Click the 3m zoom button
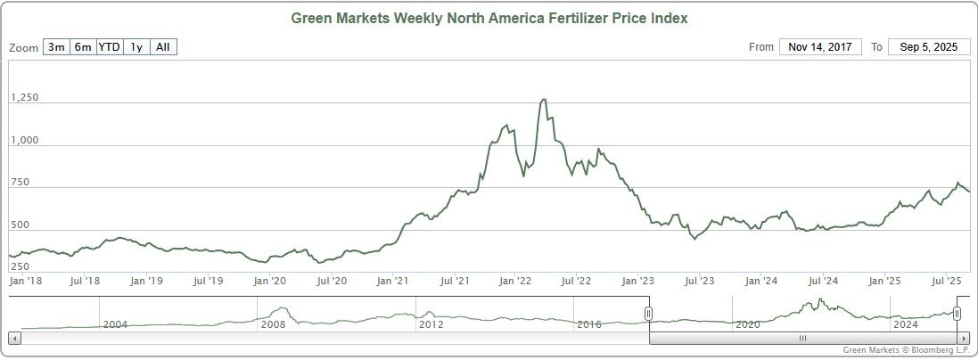[56, 47]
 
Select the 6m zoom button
[83, 47]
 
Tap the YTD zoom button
[110, 47]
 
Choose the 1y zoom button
[136, 47]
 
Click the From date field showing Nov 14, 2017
[820, 47]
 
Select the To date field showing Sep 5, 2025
[929, 47]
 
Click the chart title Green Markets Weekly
[489, 18]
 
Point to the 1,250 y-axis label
[25, 98]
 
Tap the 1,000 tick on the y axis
[25, 141]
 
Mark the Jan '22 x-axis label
[515, 282]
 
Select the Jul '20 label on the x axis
[331, 282]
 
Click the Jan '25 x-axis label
[884, 282]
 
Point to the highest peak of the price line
[544, 100]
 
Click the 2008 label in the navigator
[273, 324]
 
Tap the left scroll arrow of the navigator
[14, 339]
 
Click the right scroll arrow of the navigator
[963, 339]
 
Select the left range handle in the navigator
[649, 314]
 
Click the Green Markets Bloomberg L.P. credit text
[905, 351]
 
